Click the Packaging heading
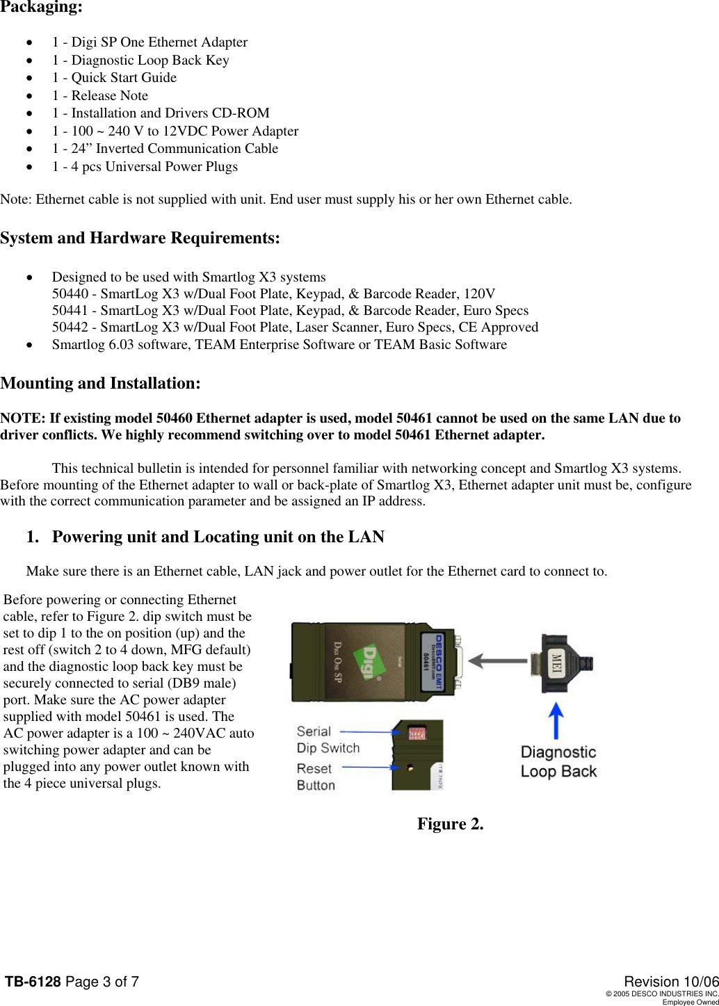pyautogui.click(x=41, y=8)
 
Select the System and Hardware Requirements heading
pyautogui.click(x=140, y=238)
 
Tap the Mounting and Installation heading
pyautogui.click(x=101, y=383)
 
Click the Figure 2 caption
pyautogui.click(x=450, y=824)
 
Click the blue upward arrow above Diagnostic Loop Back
pyautogui.click(x=557, y=719)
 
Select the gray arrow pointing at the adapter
pyautogui.click(x=496, y=660)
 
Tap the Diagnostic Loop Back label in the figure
pyautogui.click(x=558, y=761)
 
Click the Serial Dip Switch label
pyautogui.click(x=328, y=740)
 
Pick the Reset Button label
pyautogui.click(x=316, y=777)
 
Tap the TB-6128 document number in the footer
pyautogui.click(x=33, y=982)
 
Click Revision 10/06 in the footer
pyautogui.click(x=670, y=981)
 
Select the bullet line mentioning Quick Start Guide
pyautogui.click(x=114, y=78)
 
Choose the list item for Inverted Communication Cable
pyautogui.click(x=165, y=149)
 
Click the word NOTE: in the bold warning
pyautogui.click(x=23, y=419)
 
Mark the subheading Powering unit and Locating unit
pyautogui.click(x=218, y=537)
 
